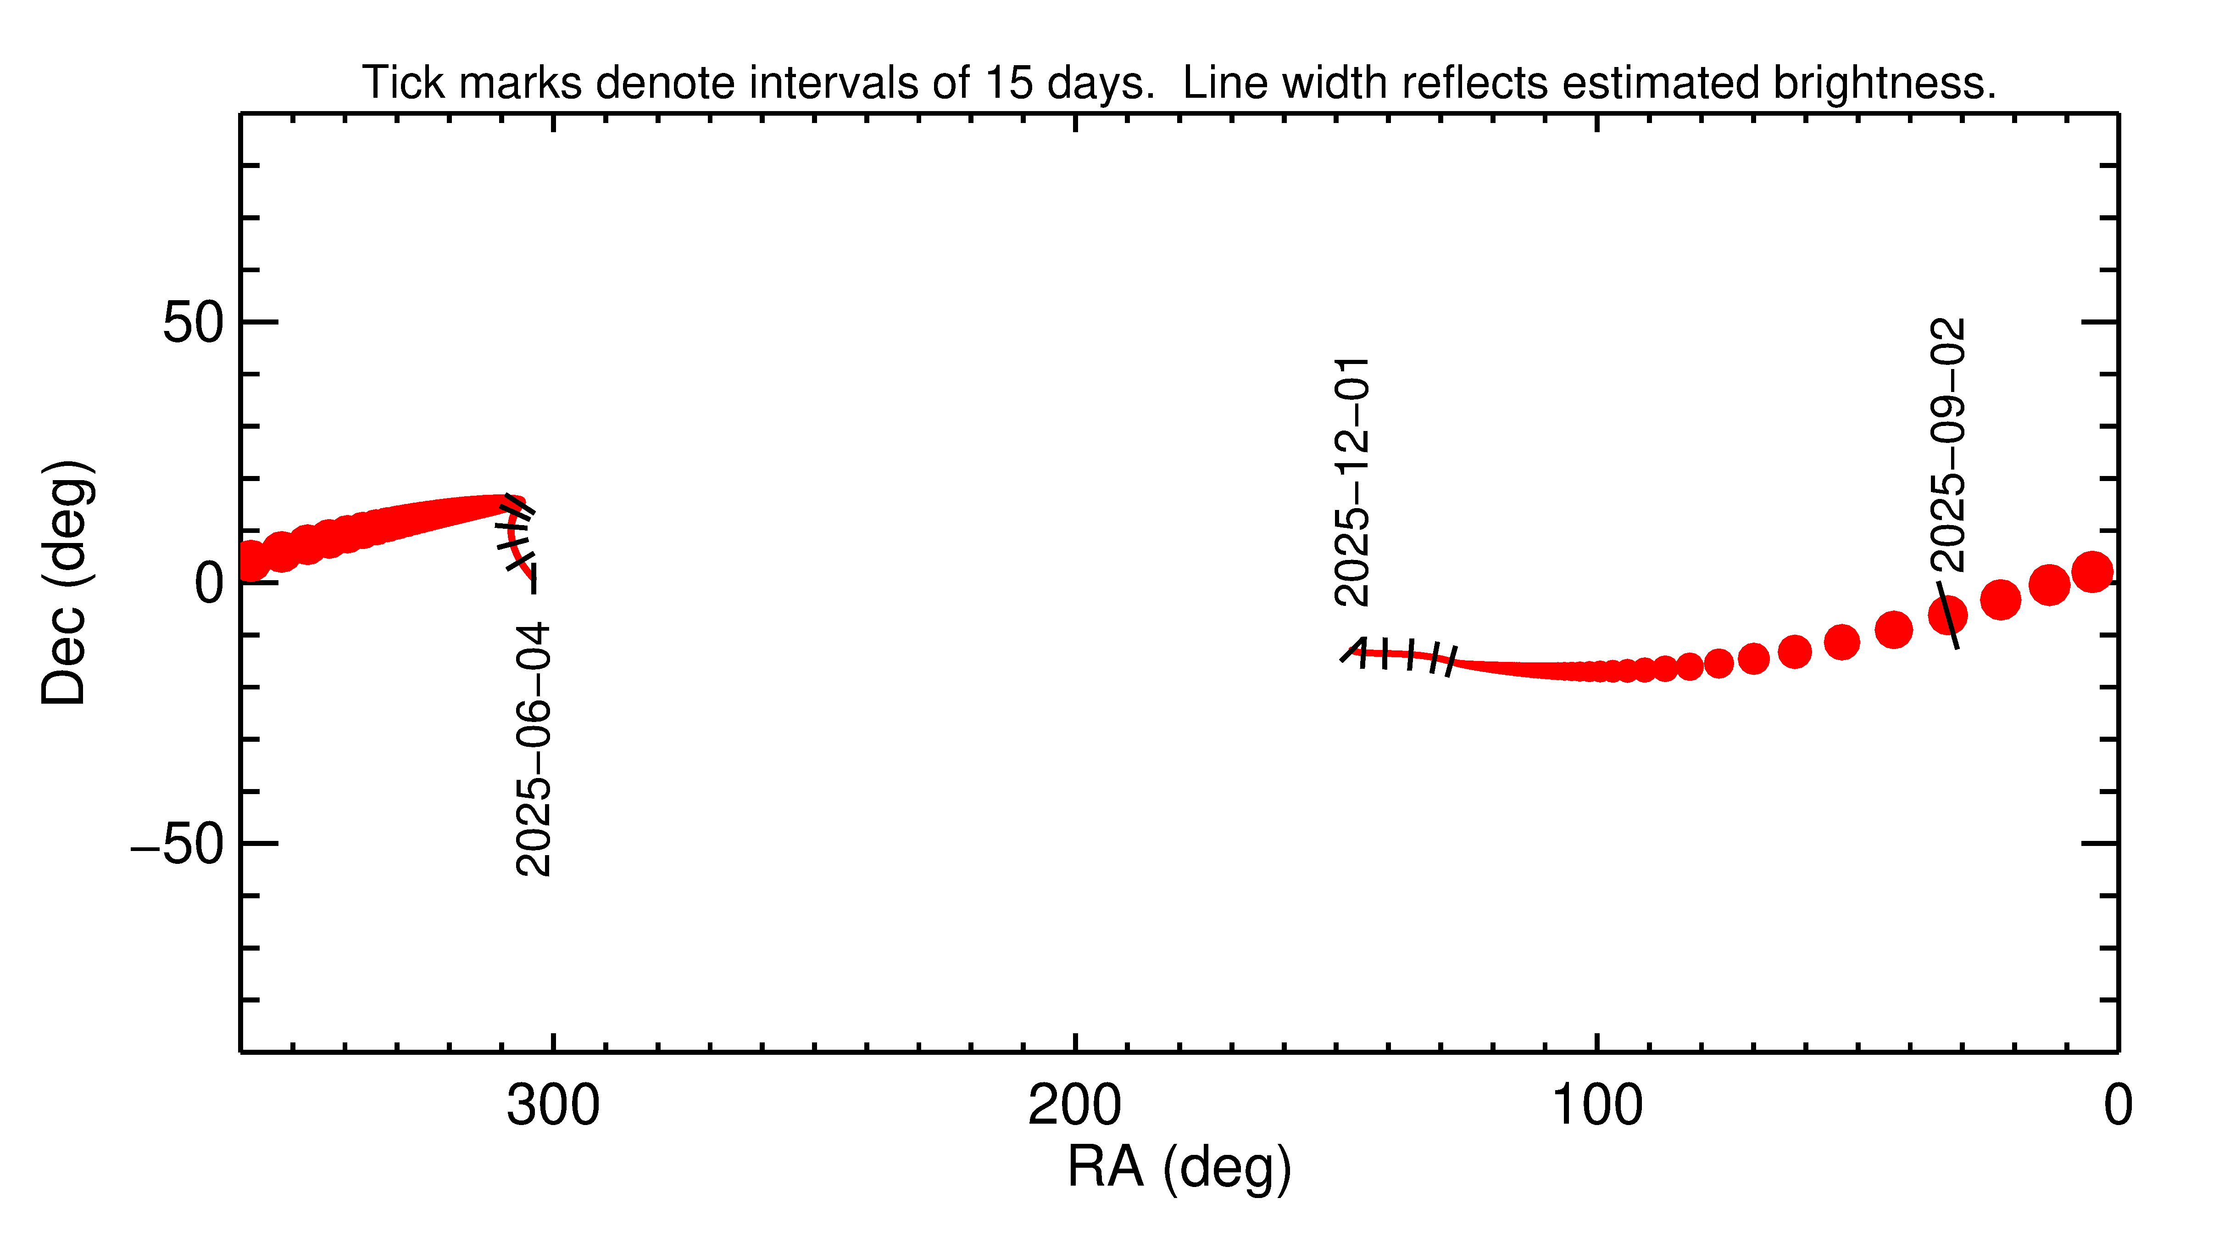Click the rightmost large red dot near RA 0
click(x=2092, y=571)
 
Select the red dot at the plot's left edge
click(x=251, y=561)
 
